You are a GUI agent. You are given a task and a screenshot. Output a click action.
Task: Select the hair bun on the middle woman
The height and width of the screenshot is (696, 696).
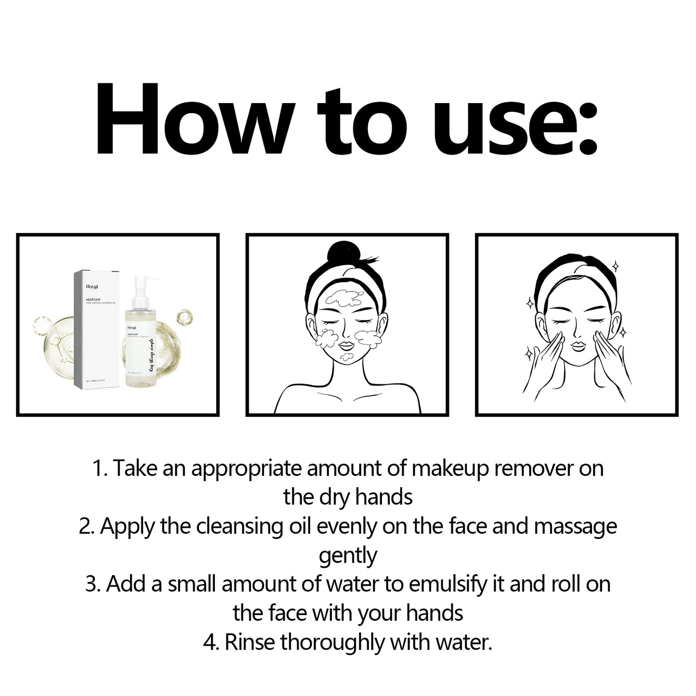point(341,255)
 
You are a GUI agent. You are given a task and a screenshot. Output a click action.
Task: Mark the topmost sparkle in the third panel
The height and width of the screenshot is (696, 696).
point(615,266)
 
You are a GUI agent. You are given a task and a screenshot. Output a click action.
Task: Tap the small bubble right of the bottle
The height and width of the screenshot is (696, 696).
point(184,317)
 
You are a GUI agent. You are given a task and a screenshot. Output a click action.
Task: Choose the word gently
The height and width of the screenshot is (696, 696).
point(348,555)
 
